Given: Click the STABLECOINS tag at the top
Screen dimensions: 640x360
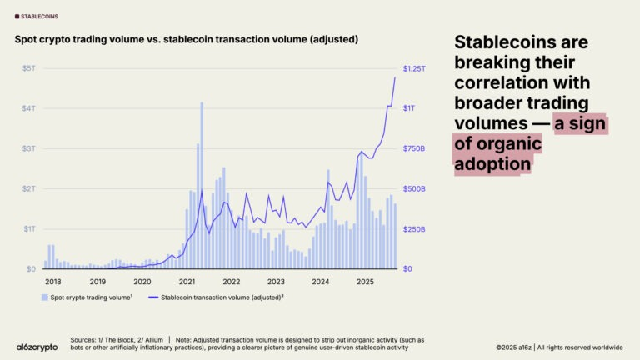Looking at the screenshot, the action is click(x=37, y=17).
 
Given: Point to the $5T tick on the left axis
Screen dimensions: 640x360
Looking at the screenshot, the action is click(x=29, y=68).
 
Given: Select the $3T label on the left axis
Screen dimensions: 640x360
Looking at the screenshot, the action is click(x=29, y=148).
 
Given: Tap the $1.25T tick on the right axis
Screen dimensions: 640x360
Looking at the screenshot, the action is click(x=414, y=68).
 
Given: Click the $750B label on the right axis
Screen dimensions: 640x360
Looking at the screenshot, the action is click(x=414, y=148).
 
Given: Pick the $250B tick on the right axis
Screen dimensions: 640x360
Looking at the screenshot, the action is click(x=414, y=229).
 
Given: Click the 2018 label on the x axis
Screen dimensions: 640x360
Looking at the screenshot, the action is click(x=53, y=282).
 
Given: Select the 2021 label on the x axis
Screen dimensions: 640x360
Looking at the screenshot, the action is click(x=187, y=282).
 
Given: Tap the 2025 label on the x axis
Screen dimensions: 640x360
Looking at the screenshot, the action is click(x=365, y=282).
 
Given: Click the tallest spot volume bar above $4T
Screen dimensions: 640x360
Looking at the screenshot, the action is click(x=202, y=186).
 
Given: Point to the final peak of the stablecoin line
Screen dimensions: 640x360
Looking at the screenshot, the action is click(x=395, y=77).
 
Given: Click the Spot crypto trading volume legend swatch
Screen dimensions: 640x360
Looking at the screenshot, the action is click(x=44, y=297).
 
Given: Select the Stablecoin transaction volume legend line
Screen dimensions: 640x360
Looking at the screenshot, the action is click(x=153, y=297).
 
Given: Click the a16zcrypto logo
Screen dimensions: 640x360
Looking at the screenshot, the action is click(x=37, y=347).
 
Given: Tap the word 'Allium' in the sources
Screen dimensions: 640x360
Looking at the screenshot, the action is click(x=153, y=340).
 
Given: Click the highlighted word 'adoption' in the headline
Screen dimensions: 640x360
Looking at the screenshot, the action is click(x=492, y=164).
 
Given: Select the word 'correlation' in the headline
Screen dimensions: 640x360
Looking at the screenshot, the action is click(x=522, y=82).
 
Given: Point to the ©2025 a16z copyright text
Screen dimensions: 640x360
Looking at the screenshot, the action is click(x=513, y=347).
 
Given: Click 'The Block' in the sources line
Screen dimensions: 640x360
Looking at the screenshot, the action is click(x=120, y=340).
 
